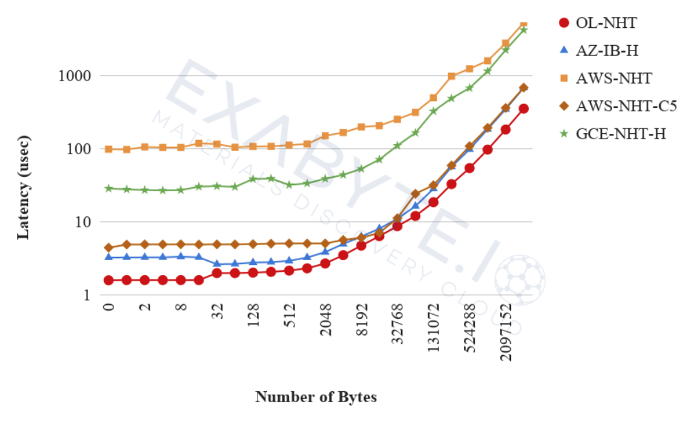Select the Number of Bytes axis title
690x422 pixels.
click(316, 397)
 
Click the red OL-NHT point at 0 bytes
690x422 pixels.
click(109, 280)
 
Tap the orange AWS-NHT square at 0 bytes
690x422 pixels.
click(109, 149)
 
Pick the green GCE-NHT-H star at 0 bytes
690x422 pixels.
click(109, 188)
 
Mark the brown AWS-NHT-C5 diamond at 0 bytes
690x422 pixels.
click(109, 247)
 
